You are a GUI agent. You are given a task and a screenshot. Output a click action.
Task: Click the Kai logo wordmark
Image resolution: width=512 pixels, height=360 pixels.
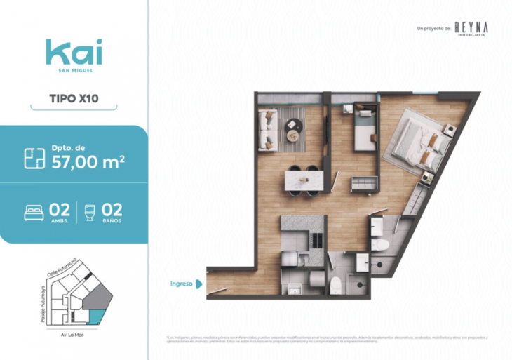click(74, 53)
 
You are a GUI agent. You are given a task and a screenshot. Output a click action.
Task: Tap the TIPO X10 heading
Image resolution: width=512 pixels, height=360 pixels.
click(74, 99)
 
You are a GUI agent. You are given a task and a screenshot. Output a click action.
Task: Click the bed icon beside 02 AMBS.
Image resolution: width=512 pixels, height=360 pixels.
click(34, 212)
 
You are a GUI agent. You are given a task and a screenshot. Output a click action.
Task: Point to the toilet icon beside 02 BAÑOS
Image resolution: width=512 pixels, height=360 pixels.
click(89, 212)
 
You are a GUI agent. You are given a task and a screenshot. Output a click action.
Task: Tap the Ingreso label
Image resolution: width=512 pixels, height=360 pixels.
click(181, 284)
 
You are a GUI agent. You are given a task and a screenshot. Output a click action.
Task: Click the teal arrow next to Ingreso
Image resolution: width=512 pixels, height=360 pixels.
click(199, 284)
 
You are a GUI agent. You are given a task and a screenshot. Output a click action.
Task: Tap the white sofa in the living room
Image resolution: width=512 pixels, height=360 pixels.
click(267, 130)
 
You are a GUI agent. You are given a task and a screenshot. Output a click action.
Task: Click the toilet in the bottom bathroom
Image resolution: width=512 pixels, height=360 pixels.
click(336, 285)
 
